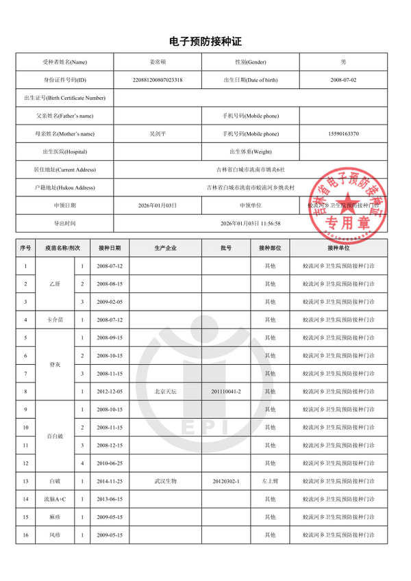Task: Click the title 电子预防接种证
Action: (x=205, y=42)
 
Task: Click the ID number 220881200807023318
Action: (x=158, y=80)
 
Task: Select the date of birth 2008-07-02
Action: (x=343, y=80)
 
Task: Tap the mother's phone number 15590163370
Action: (x=343, y=133)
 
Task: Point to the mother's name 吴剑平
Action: (x=158, y=133)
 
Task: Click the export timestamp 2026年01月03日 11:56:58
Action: (x=251, y=223)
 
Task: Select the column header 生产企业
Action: (x=165, y=248)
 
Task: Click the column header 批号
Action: (x=226, y=248)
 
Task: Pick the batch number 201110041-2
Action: (x=226, y=391)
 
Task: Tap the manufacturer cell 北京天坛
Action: (x=165, y=391)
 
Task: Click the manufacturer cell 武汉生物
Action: (x=165, y=481)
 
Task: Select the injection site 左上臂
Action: (x=270, y=481)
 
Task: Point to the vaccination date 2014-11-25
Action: (x=110, y=481)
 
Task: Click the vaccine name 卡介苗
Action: (x=55, y=320)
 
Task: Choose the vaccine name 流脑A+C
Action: (x=55, y=499)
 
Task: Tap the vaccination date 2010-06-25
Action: (x=110, y=463)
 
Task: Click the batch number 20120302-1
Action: (x=226, y=481)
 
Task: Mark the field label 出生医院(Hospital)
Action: (x=65, y=151)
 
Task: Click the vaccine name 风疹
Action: (x=55, y=534)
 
